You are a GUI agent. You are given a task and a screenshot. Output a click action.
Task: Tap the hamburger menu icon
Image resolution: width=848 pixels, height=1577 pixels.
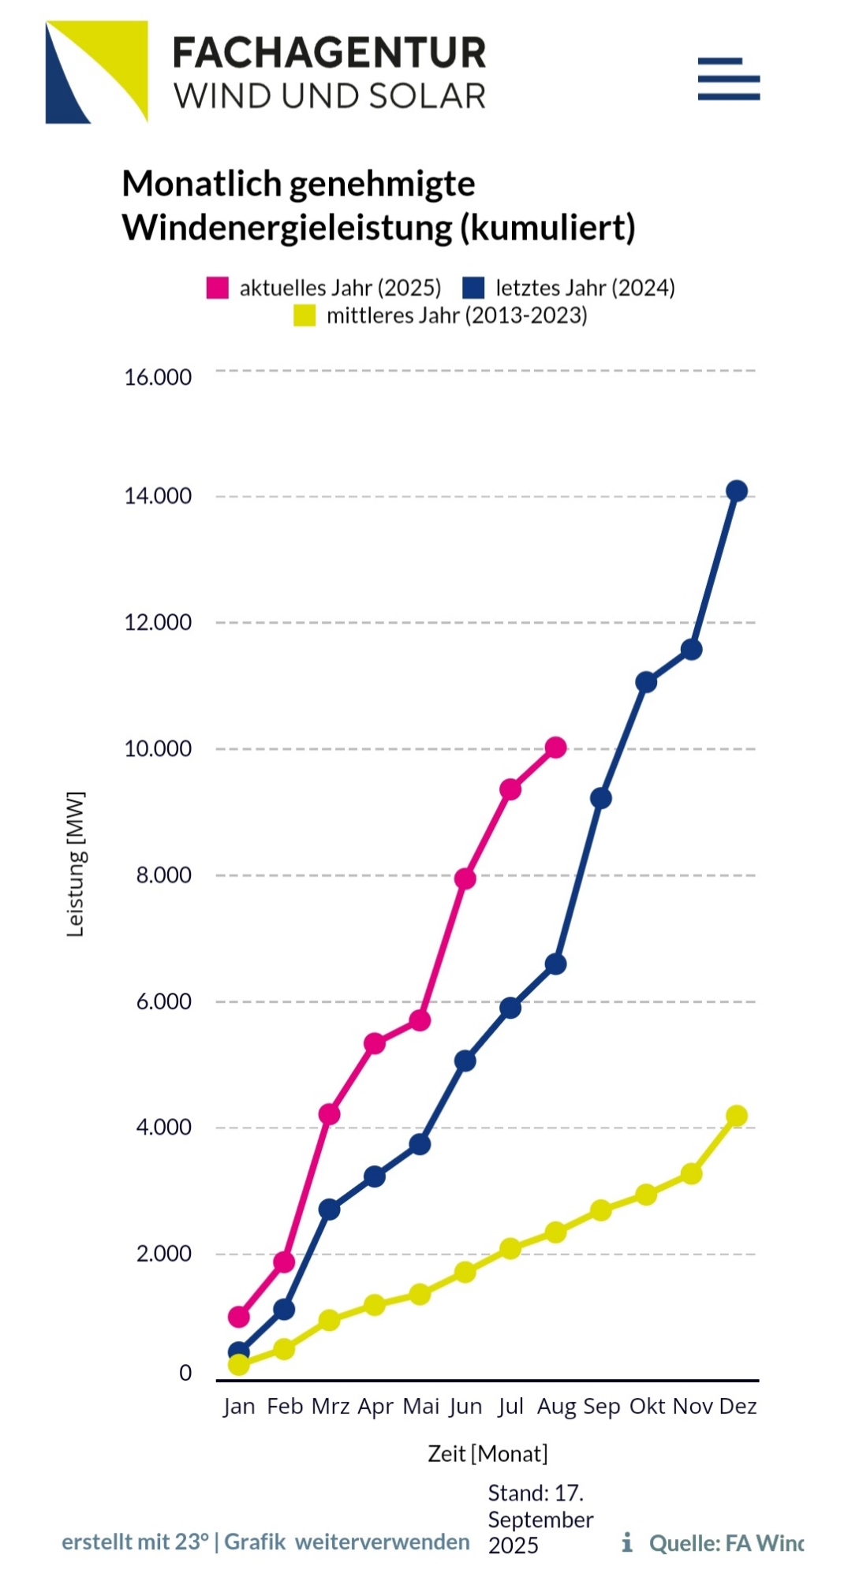(x=728, y=79)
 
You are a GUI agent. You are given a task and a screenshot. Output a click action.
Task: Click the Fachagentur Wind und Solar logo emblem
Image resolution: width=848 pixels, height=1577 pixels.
(x=96, y=72)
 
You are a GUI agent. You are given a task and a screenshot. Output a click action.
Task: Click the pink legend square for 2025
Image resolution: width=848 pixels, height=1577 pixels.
(x=217, y=288)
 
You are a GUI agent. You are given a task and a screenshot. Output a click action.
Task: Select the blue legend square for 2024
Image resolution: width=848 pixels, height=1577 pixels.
(x=473, y=288)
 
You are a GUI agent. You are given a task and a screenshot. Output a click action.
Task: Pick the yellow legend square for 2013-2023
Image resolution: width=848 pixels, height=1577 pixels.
(x=304, y=315)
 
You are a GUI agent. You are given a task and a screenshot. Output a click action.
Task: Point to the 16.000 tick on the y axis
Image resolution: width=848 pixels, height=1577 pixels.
(x=158, y=377)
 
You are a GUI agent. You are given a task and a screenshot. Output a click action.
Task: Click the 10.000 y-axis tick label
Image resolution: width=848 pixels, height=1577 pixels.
(x=158, y=748)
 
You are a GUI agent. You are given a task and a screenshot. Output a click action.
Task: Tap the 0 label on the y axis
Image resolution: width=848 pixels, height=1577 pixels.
(x=185, y=1373)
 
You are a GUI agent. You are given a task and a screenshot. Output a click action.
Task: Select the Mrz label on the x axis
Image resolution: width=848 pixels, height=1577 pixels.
(x=331, y=1406)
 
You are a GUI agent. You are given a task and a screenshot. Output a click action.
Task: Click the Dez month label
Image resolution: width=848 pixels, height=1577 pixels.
(x=738, y=1406)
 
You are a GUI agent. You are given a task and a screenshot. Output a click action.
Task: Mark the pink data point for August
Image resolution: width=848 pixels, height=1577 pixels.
(x=556, y=747)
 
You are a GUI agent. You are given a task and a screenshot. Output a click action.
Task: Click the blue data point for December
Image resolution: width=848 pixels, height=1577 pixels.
(x=737, y=491)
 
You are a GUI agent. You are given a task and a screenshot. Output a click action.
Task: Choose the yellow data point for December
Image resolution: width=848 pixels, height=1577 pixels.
(x=737, y=1116)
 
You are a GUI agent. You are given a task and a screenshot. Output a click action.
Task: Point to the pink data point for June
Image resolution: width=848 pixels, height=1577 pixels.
(x=465, y=878)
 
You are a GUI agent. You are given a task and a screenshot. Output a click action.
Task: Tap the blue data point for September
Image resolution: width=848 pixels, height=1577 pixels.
(x=601, y=799)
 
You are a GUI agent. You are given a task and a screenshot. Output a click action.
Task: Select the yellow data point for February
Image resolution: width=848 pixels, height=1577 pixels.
(x=284, y=1349)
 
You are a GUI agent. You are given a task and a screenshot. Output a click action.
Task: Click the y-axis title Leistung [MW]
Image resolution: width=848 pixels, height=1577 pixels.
(x=75, y=864)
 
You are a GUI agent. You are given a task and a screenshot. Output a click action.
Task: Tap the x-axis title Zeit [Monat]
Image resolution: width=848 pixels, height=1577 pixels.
(x=488, y=1453)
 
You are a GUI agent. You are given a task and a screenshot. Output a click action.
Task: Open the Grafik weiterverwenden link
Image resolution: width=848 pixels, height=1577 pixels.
(x=347, y=1542)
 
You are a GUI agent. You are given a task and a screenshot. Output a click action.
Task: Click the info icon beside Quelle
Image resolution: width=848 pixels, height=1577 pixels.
(x=627, y=1542)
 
